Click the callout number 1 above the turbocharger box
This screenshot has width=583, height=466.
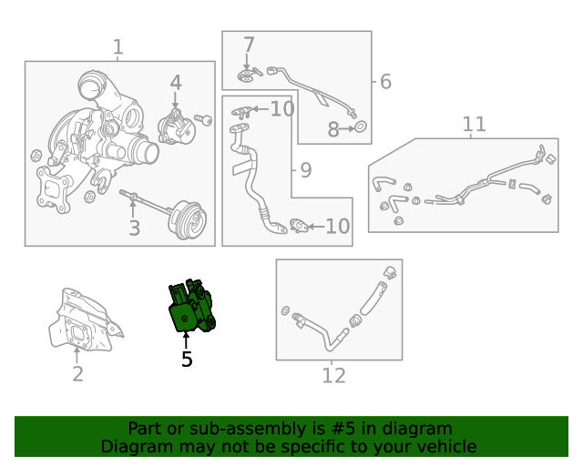[118, 47]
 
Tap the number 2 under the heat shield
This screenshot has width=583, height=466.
[77, 374]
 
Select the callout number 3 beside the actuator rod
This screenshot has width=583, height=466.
[135, 228]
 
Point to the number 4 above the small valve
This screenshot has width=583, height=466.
[176, 83]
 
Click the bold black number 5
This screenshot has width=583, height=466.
[187, 359]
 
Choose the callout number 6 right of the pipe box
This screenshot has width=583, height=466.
[385, 81]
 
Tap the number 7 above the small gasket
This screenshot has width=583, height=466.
[249, 45]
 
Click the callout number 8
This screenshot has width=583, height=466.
[333, 129]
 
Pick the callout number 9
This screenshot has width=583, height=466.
[306, 170]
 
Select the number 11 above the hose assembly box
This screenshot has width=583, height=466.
[474, 124]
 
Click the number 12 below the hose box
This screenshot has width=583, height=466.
[333, 376]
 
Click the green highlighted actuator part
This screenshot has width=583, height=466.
[192, 306]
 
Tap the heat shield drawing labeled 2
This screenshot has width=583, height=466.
[86, 320]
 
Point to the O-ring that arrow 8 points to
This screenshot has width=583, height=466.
[361, 127]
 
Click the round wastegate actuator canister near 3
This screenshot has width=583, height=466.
[187, 219]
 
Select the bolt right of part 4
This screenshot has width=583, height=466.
[203, 119]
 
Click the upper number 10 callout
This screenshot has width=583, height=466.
[282, 109]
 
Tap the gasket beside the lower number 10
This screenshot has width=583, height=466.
[299, 226]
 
